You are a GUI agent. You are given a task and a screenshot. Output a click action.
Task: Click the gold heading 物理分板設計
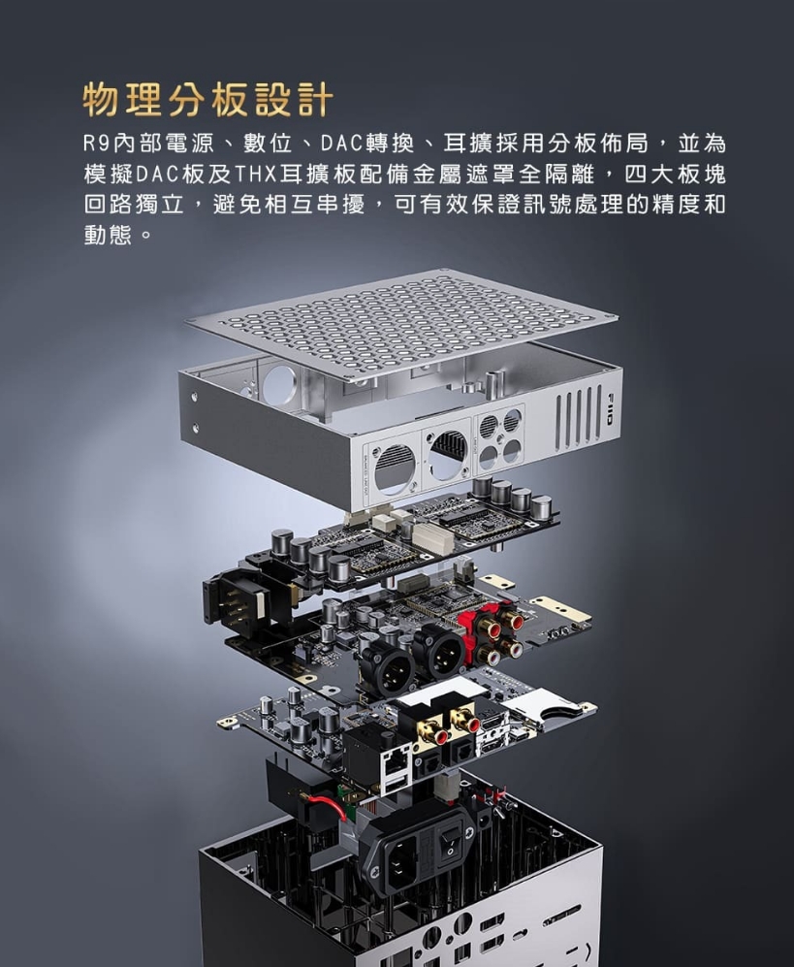(208, 99)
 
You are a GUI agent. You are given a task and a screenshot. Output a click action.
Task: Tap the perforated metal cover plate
(400, 321)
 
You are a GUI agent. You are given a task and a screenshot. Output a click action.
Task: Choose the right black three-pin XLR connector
(441, 653)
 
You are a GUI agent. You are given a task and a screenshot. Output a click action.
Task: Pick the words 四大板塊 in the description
(676, 175)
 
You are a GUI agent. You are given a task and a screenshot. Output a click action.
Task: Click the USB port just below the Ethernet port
(396, 784)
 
